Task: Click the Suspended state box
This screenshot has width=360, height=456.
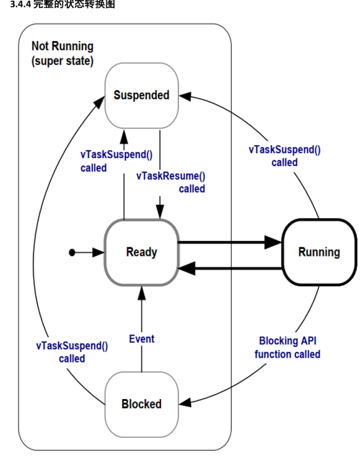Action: (141, 95)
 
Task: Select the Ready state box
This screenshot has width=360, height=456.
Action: (141, 252)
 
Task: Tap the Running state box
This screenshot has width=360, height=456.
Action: (318, 252)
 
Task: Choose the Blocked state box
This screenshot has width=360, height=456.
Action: (141, 404)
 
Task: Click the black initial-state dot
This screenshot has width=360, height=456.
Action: (72, 252)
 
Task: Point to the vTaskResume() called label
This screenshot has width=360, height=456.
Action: (171, 182)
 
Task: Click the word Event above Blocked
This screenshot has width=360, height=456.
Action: (141, 339)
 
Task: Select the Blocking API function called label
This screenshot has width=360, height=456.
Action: (287, 348)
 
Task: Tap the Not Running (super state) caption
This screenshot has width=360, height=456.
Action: (63, 54)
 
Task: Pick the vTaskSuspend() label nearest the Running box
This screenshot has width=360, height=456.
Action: (284, 156)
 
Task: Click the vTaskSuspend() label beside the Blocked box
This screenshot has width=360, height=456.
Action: (72, 352)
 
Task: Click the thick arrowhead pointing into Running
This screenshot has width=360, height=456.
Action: (275, 242)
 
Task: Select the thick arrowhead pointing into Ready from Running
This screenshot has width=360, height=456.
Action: (186, 266)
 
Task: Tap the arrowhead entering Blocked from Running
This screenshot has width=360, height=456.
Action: (186, 404)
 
